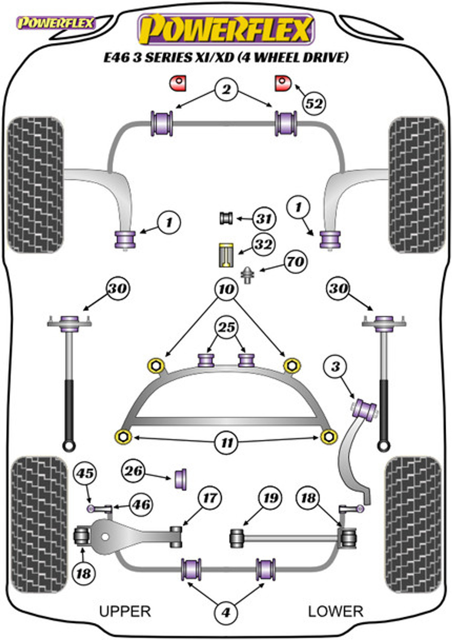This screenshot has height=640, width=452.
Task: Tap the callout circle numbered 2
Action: point(226,89)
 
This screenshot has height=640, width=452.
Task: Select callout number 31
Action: point(264,218)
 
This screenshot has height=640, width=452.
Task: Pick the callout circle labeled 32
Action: point(263,244)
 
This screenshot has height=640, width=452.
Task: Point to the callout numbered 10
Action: point(226,289)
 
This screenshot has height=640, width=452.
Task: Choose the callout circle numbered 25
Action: point(226,327)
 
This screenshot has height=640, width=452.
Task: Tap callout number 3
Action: point(335,366)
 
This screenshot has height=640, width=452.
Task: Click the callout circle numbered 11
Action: point(226,442)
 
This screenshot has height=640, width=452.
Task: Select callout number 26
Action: point(133,471)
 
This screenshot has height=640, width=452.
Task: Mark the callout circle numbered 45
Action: point(85,473)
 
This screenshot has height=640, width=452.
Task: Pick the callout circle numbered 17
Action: point(210,498)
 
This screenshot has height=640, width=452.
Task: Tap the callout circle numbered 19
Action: point(270,498)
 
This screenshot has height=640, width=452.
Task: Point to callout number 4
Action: point(226,612)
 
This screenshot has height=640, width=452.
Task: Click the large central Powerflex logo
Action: point(226,29)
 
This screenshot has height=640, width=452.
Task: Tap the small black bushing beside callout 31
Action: point(226,218)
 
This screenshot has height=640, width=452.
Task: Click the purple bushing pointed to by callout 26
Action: point(181,479)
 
